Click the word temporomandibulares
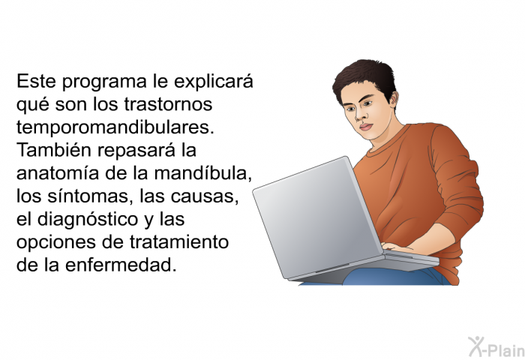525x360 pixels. tap(115, 127)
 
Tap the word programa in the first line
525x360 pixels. tap(104, 82)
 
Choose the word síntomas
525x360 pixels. tap(88, 196)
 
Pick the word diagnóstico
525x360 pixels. tap(88, 220)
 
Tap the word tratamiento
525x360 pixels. tap(179, 241)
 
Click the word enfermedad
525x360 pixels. tap(121, 265)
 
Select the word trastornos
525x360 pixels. tap(169, 104)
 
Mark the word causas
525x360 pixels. tap(205, 196)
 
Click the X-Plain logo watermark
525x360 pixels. tap(496, 346)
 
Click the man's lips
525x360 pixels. tap(365, 127)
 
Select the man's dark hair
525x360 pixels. tap(367, 79)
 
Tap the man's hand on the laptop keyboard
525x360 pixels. tap(398, 248)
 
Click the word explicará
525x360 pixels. tap(214, 82)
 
